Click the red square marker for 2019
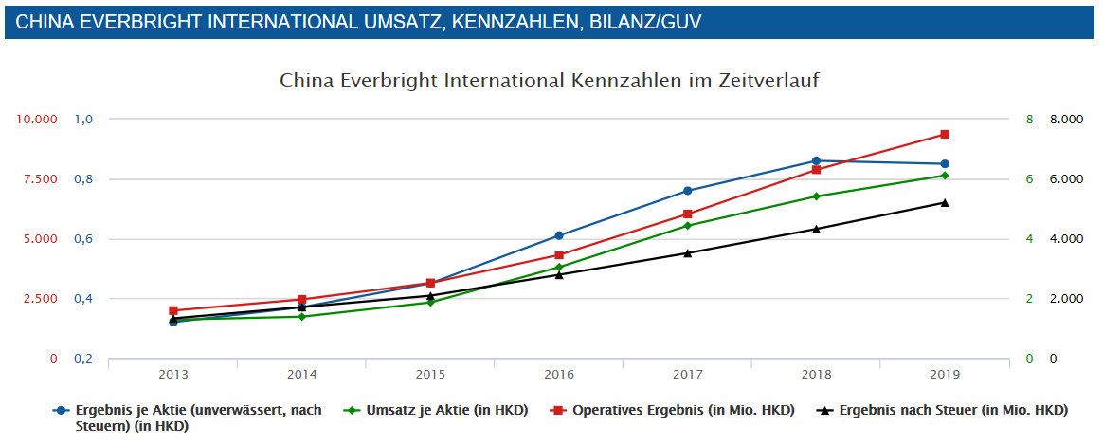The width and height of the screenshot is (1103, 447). tap(944, 135)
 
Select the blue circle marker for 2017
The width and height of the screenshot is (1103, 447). tap(688, 191)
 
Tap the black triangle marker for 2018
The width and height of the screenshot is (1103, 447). tap(816, 229)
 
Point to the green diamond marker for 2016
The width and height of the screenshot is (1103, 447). tap(559, 267)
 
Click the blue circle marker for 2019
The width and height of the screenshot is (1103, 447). tap(944, 164)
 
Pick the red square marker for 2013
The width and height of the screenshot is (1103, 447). tap(173, 310)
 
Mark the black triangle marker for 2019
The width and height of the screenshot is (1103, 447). tap(944, 202)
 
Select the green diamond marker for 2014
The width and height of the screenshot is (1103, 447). tap(302, 316)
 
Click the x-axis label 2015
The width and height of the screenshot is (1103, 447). tap(430, 375)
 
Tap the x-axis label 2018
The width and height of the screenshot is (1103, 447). tap(816, 375)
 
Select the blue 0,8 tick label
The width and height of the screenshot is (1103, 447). tap(84, 179)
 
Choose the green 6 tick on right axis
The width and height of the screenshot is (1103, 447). tap(1029, 179)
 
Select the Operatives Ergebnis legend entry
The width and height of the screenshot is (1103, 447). tap(682, 410)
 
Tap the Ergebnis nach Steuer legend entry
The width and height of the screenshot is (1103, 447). tap(952, 410)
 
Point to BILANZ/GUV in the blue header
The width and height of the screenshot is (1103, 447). tap(642, 22)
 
